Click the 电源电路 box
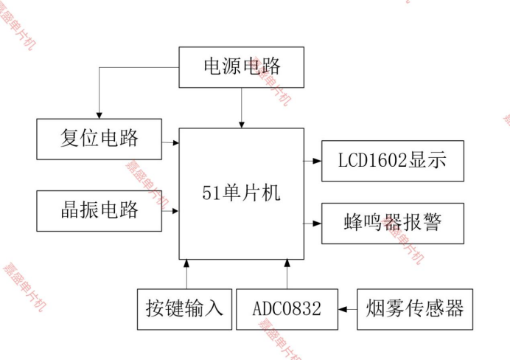pos(242,66)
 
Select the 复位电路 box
pos(99,138)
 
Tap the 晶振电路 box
pos(99,210)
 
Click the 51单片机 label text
pos(241,193)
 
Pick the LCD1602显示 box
pos(392,160)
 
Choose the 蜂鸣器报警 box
pos(392,223)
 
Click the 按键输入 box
pos(185,308)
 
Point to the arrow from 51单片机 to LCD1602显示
pos(312,160)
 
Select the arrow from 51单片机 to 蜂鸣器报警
pos(312,223)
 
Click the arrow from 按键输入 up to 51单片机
pos(186,274)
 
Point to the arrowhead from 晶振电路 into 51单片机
pos(175,211)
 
